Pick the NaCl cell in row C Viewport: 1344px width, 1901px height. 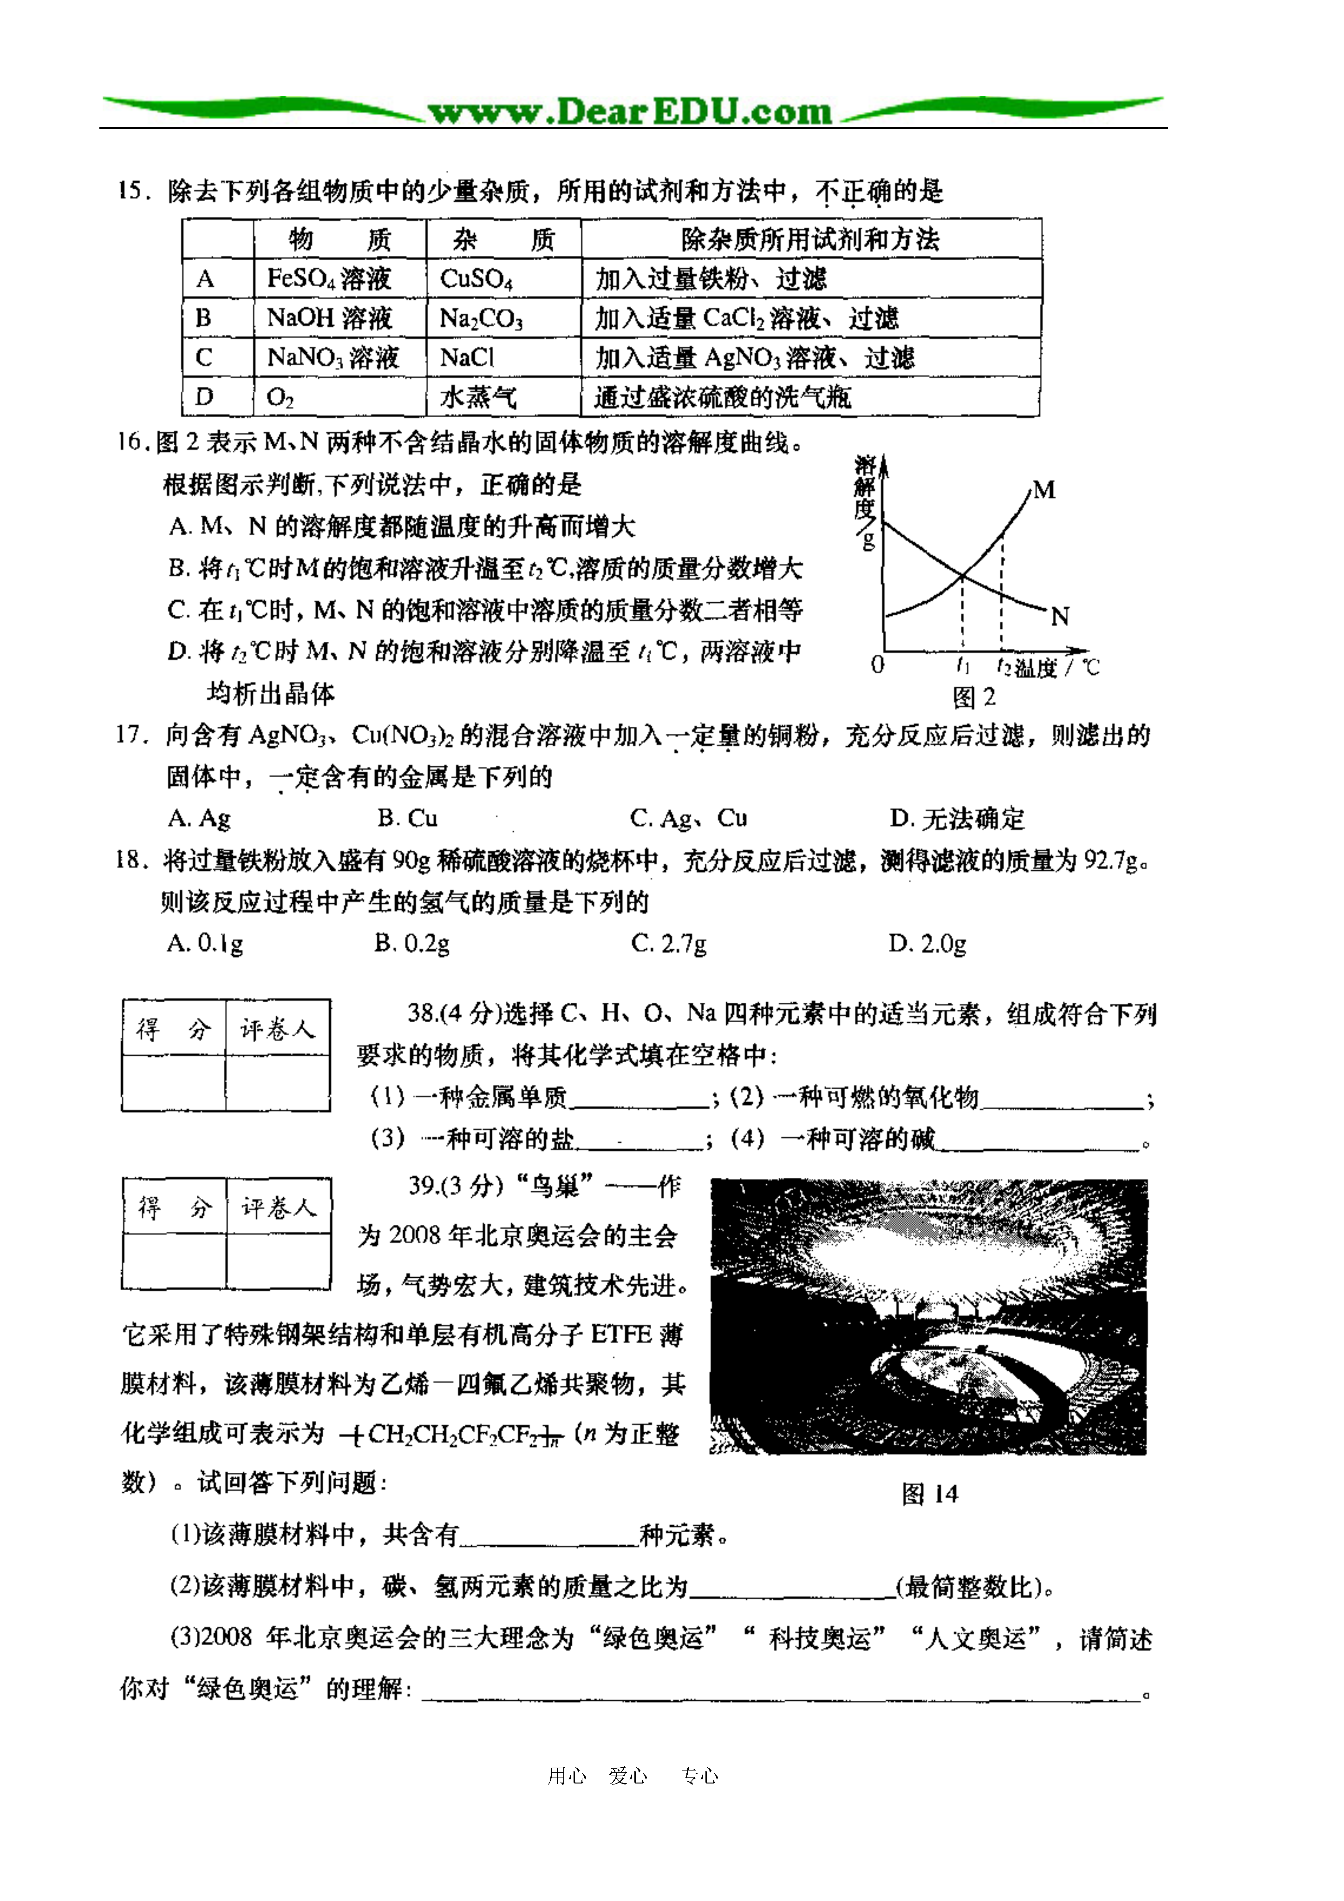pos(467,358)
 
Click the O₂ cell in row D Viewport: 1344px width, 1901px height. pos(280,398)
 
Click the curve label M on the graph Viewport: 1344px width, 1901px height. pos(1044,490)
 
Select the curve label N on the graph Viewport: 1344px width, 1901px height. pos(1060,616)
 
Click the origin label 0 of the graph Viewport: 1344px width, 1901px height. pos(878,665)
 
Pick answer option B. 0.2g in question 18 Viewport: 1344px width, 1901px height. pos(411,943)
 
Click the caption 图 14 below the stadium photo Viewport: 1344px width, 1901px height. pos(929,1495)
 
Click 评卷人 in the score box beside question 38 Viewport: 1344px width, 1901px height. pos(277,1029)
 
